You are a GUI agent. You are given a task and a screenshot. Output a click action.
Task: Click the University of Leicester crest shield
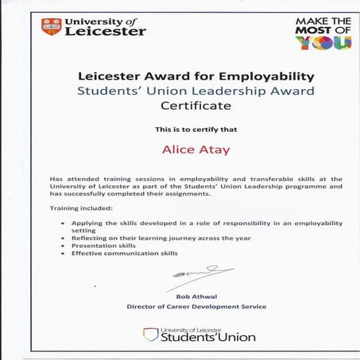coord(52,27)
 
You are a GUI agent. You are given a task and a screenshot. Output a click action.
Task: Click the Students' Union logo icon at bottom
coord(150,335)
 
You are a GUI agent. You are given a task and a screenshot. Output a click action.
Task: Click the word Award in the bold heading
coord(165,76)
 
